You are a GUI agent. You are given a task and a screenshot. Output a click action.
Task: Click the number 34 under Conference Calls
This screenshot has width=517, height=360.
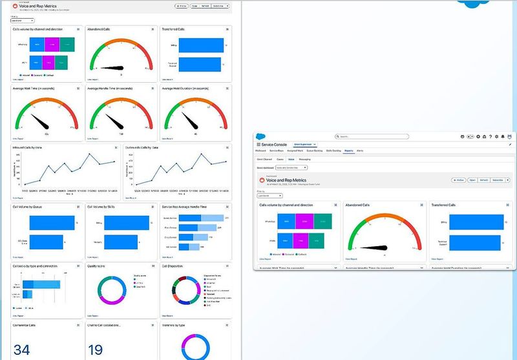tap(21, 350)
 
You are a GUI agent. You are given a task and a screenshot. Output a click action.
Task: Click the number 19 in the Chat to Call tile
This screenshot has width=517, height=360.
tap(96, 350)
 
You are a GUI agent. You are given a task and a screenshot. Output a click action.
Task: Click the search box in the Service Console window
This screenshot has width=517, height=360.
tap(372, 136)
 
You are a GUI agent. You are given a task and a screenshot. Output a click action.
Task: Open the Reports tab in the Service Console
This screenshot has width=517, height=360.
tap(348, 150)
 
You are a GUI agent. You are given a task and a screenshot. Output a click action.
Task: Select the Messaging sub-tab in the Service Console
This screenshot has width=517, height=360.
tap(304, 158)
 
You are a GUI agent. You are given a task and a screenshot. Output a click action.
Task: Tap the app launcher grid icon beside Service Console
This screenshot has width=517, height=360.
tap(258, 144)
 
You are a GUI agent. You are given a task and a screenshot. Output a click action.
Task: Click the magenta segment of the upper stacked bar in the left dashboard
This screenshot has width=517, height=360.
tap(51, 45)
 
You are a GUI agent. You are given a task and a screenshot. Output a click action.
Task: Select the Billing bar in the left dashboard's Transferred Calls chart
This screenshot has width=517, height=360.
tap(201, 45)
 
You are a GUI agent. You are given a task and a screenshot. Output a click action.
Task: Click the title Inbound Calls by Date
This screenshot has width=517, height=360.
tap(28, 147)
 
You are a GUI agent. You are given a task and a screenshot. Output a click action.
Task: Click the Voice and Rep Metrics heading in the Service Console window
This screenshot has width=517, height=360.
tap(286, 180)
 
